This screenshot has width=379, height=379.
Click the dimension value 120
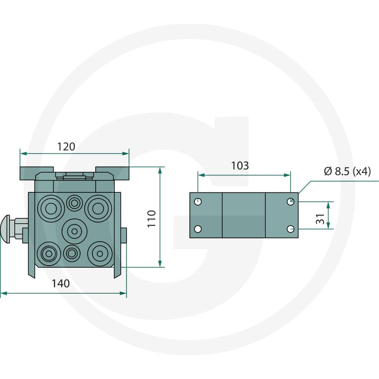66,147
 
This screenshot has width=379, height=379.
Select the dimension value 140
61,283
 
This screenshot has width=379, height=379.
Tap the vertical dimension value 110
152,219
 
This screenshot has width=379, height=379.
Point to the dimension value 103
240,166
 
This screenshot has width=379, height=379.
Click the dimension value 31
320,219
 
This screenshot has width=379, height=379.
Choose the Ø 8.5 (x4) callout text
347,171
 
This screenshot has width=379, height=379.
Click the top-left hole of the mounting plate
198,201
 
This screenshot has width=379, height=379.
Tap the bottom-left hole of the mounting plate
198,229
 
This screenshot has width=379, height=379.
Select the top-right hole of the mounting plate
290,201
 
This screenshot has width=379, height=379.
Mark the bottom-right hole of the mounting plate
290,229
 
